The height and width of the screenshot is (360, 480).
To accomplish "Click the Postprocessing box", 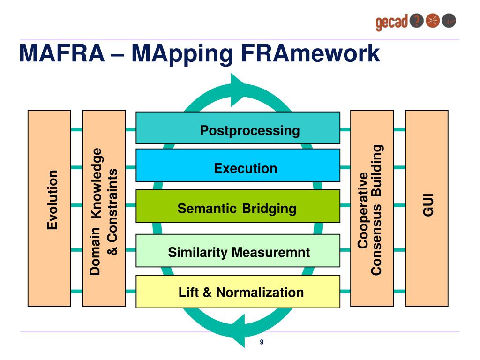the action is pos(238,127).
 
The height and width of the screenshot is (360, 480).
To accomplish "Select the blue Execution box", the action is pos(238,165).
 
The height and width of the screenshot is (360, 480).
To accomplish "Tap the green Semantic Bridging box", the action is pos(238,206).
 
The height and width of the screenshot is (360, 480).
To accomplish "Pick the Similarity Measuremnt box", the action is pos(238,250).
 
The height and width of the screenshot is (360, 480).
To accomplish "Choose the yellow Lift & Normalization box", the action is pos(238,292).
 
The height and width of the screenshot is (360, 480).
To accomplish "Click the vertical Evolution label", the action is pos(52,200).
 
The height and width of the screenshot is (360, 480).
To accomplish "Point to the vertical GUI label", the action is pos(428,205).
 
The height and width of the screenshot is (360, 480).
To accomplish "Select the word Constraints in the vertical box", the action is pos(112,212).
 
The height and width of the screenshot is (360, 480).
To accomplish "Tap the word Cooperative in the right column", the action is pos(363,210).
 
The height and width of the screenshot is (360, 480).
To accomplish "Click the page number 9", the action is pos(262,342).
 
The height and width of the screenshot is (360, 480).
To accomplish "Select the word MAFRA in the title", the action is pos(62,53).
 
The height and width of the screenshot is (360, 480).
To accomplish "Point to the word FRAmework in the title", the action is pos(310,53).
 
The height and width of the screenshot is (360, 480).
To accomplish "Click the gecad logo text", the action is pos(391,22).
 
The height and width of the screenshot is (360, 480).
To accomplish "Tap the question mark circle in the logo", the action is pos(416,21).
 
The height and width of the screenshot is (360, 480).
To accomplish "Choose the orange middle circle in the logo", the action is pos(433,21).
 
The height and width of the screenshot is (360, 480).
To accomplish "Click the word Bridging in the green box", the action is pos(269,209).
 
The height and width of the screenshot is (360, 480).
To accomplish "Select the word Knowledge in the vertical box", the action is pos(96,183).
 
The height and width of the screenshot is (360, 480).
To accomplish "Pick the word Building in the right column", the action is pos(376,171).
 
